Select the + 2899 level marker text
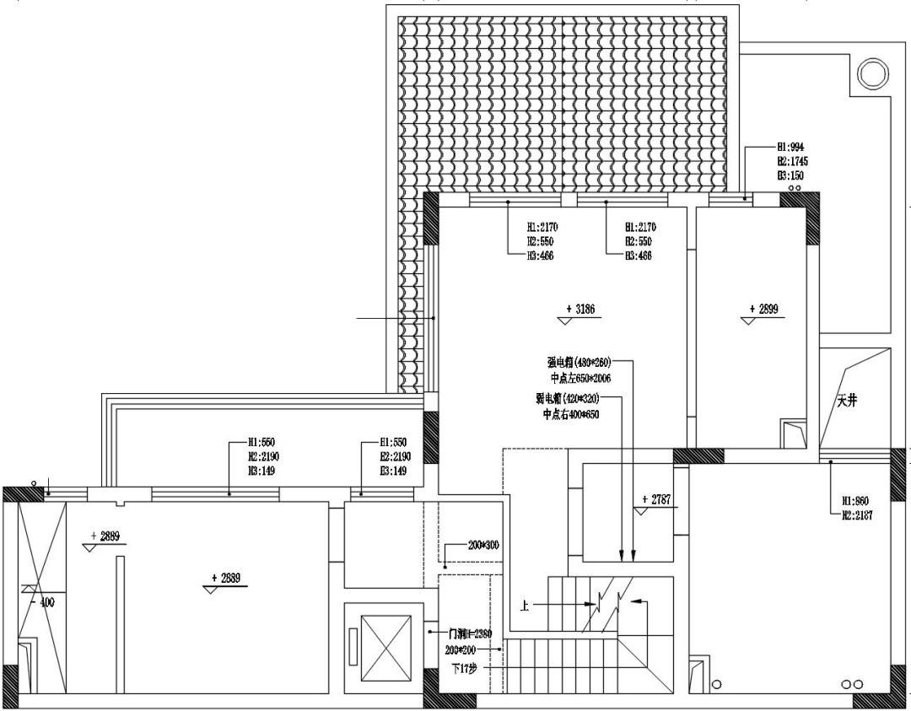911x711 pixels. pos(763,310)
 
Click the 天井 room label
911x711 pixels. pos(847,402)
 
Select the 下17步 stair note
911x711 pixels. pos(464,668)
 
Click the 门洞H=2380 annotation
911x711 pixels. pos(470,633)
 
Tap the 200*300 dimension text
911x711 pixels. pos(482,546)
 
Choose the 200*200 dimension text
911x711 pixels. pos(461,650)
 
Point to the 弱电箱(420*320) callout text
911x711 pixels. pos(568,397)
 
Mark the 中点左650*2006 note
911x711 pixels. pos(580,379)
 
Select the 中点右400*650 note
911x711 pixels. pos(571,414)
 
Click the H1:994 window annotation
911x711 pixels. pos(790,146)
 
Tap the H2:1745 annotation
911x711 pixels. pos(791,160)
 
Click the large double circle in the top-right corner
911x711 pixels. pos(870,72)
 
